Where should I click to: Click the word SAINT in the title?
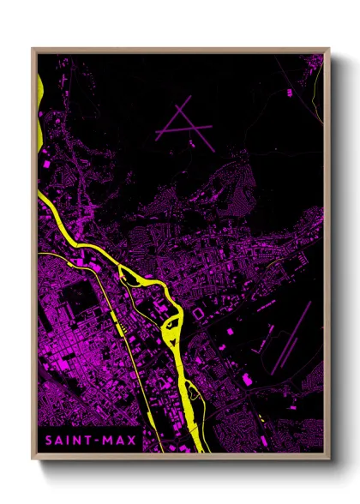click(64, 441)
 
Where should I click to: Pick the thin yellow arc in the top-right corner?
click(318, 86)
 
